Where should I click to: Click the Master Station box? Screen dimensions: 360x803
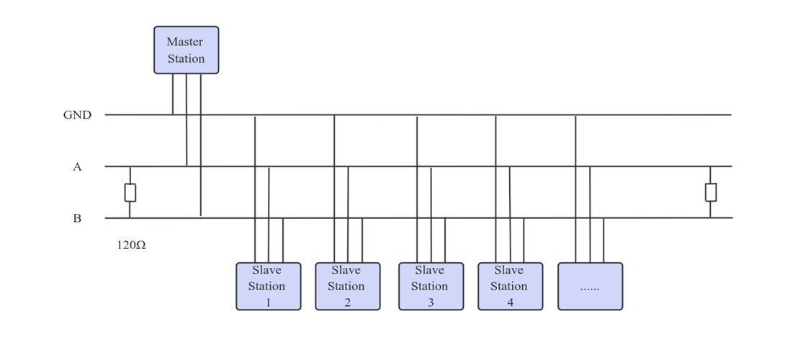tap(186, 50)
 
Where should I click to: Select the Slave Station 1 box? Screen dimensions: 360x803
tap(268, 287)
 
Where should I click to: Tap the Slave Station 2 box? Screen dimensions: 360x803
tap(347, 287)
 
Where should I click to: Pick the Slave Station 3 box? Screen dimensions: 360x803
tap(431, 287)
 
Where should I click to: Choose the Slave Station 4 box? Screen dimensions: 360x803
tap(510, 287)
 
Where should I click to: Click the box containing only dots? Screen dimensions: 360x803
tap(590, 287)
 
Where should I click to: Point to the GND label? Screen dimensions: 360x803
tap(77, 114)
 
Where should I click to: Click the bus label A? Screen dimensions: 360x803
tap(77, 167)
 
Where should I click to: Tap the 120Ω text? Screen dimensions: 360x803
tap(131, 246)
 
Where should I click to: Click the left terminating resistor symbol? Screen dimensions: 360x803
tap(130, 192)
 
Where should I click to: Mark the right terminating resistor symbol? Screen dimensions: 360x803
tap(710, 192)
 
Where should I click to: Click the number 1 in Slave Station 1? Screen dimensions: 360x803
tap(268, 302)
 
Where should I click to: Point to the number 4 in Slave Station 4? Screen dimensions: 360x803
tap(510, 302)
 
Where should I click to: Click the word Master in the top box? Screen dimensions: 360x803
tap(185, 42)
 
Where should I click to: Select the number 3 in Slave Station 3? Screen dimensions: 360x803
tap(431, 302)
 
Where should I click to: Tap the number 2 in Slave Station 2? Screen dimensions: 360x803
tap(347, 302)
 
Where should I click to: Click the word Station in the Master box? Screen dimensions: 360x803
tap(186, 59)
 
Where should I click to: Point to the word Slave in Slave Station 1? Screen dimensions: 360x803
tap(266, 271)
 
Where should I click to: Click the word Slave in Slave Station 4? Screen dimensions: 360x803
tap(508, 271)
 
